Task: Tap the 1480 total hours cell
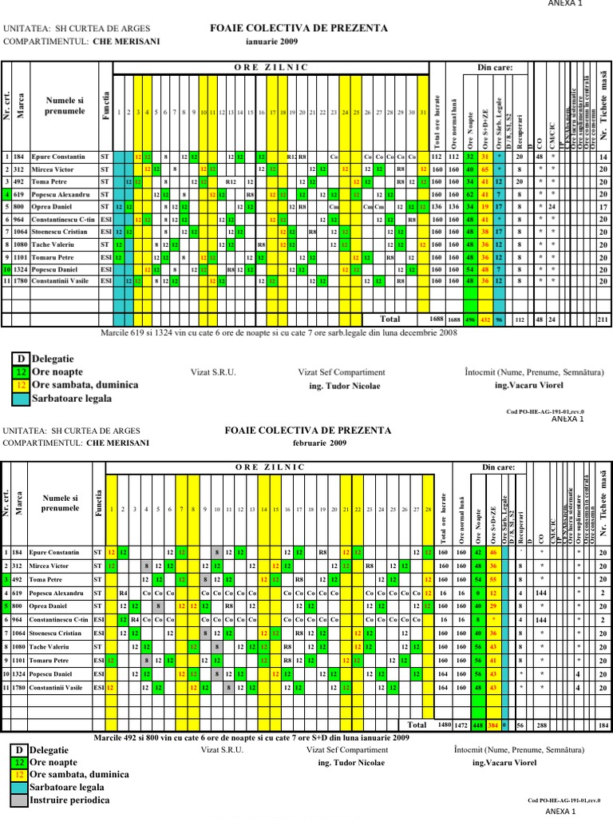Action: [x=445, y=725]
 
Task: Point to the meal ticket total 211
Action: [x=603, y=319]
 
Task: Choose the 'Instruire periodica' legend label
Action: [x=69, y=800]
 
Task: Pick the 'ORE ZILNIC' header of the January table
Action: [x=271, y=68]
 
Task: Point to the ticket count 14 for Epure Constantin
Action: [x=603, y=157]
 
